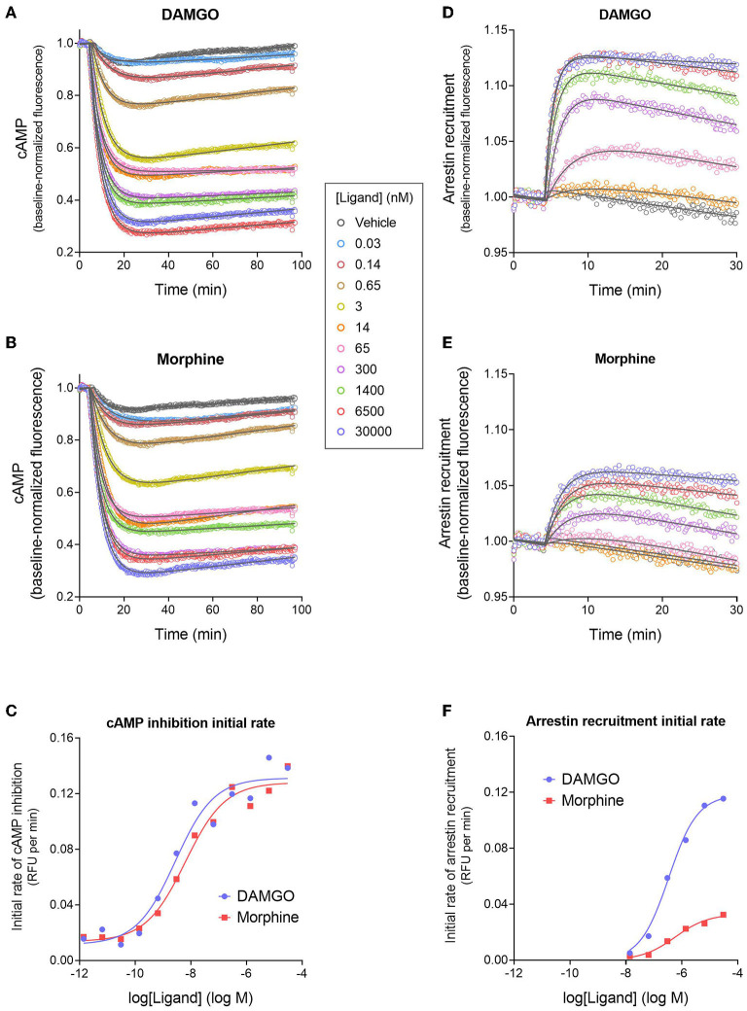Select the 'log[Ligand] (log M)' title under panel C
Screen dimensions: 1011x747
tap(191, 997)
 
